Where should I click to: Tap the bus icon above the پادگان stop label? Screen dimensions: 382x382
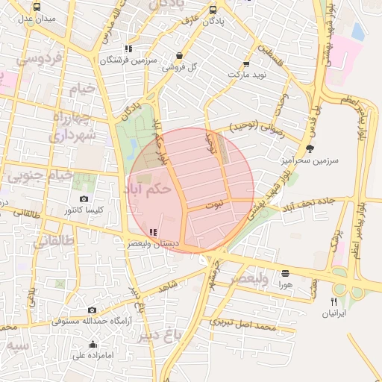213,10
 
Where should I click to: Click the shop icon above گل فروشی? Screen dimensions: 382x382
179,56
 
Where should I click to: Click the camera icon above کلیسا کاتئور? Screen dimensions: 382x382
84,199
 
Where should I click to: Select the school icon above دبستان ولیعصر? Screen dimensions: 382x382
153,232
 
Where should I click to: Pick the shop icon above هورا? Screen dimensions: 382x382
285,274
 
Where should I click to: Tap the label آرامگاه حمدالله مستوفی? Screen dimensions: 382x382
92,321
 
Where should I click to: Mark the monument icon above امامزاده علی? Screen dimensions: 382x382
93,344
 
